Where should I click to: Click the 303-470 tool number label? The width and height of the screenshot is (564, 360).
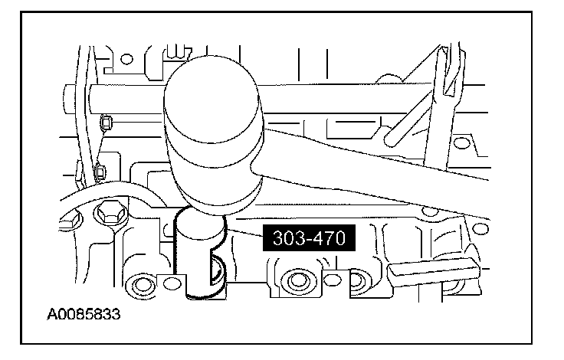coord(309,237)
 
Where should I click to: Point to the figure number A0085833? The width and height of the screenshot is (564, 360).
coord(84,314)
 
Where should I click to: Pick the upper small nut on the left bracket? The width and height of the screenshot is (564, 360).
coord(106,123)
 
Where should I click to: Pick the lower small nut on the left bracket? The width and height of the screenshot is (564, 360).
coord(100,172)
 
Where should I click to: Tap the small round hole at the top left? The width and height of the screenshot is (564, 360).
coord(126,59)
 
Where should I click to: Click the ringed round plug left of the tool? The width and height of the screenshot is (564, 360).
coord(139,285)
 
